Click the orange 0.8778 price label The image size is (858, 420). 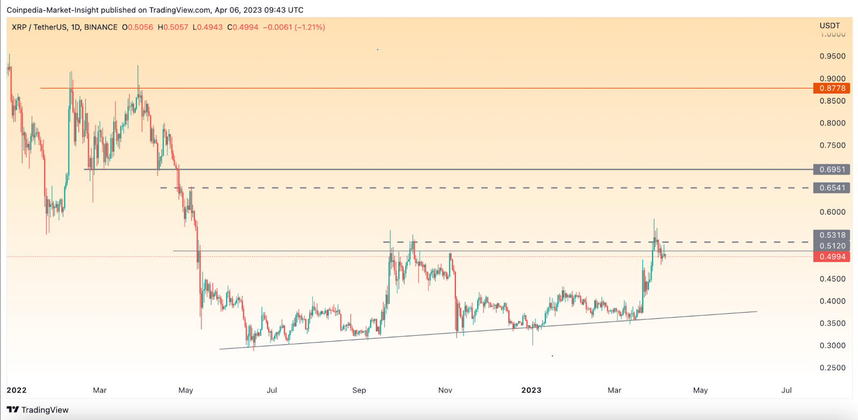832,89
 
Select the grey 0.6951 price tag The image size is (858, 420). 832,170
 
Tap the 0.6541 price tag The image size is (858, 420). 832,188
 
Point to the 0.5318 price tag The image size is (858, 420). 832,235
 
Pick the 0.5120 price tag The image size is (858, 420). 832,246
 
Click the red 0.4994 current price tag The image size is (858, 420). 832,257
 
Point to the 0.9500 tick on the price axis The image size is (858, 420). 832,56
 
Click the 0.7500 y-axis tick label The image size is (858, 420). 832,145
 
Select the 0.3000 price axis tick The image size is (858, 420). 832,345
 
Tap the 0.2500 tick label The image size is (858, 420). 832,368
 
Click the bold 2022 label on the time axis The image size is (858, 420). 17,390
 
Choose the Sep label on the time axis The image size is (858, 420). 359,390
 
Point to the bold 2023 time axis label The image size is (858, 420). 531,390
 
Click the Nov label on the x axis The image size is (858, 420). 445,390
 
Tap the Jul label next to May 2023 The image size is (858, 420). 786,390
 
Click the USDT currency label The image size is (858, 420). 830,26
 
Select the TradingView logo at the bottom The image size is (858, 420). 38,410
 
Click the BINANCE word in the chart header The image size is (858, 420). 101,27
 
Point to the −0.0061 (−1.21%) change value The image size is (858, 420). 294,27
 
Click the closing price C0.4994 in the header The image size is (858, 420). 243,27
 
